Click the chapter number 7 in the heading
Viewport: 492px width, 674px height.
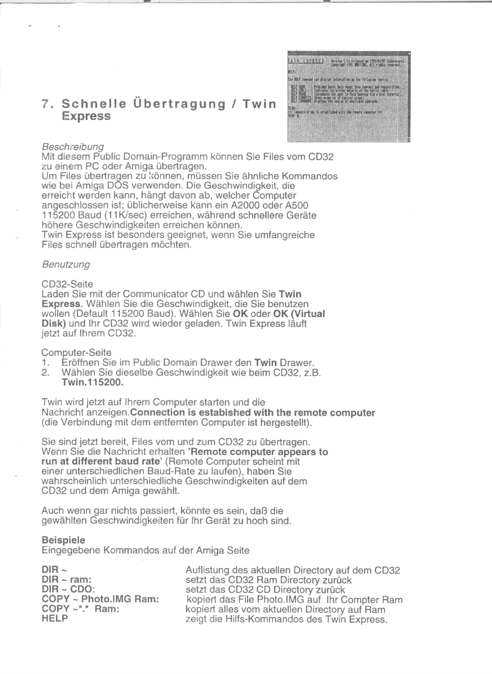pyautogui.click(x=45, y=104)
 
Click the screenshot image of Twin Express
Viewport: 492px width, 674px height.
pyautogui.click(x=348, y=96)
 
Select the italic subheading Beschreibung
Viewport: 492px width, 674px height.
pyautogui.click(x=73, y=146)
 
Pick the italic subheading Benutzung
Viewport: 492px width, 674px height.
pyautogui.click(x=66, y=264)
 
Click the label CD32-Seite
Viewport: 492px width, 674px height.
pyautogui.click(x=67, y=284)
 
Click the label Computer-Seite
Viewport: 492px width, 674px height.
pyautogui.click(x=76, y=352)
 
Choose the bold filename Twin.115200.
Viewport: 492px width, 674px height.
pyautogui.click(x=92, y=382)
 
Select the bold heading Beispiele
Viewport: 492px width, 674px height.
pyautogui.click(x=63, y=540)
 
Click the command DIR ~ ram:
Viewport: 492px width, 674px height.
pyautogui.click(x=67, y=580)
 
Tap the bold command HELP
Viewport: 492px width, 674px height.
pyautogui.click(x=55, y=619)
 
